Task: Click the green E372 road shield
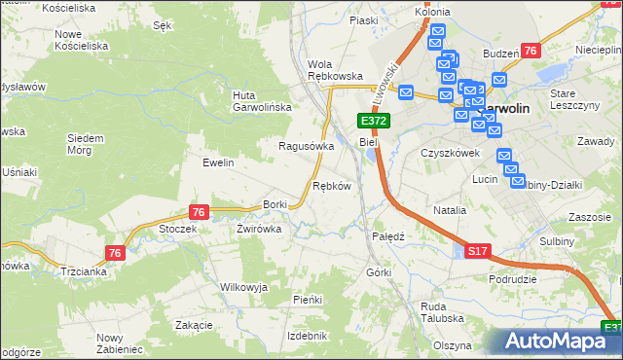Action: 374,121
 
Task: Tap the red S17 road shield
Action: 476,251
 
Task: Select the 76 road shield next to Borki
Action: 199,212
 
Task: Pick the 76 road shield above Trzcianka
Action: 116,253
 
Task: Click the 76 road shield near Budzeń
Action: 531,51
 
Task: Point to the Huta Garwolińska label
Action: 257,101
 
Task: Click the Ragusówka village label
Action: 307,146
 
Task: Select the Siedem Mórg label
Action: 86,144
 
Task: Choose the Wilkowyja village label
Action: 243,287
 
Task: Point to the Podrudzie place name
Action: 514,278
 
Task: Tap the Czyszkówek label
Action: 451,153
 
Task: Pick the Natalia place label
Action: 450,209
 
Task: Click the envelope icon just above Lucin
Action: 504,156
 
